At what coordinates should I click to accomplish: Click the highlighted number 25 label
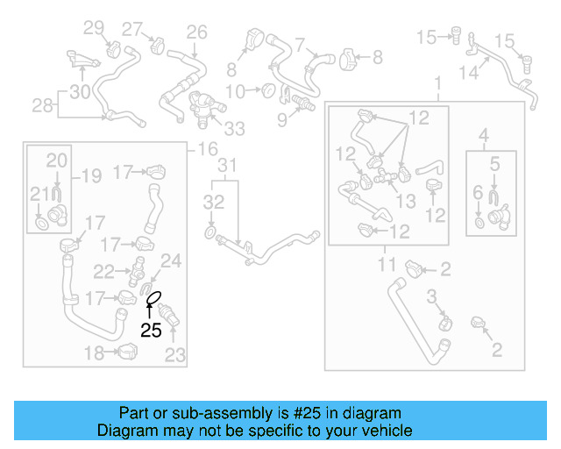(x=151, y=330)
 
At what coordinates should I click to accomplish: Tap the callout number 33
(x=234, y=129)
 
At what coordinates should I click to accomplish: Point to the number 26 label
(x=196, y=32)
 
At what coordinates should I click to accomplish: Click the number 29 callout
(x=94, y=27)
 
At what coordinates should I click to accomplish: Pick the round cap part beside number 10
(x=268, y=90)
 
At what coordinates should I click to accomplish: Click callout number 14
(x=469, y=73)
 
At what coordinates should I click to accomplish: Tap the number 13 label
(x=406, y=201)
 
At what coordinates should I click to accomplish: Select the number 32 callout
(x=214, y=202)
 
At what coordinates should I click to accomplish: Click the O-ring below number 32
(x=210, y=232)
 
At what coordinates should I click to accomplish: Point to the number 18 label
(x=94, y=353)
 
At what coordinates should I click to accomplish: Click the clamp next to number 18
(x=127, y=352)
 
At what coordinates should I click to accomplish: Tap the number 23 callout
(x=175, y=355)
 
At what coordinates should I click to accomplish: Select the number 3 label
(x=432, y=296)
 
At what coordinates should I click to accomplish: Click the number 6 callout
(x=478, y=192)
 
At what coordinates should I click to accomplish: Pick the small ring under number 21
(x=42, y=224)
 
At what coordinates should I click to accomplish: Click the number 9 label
(x=282, y=120)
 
